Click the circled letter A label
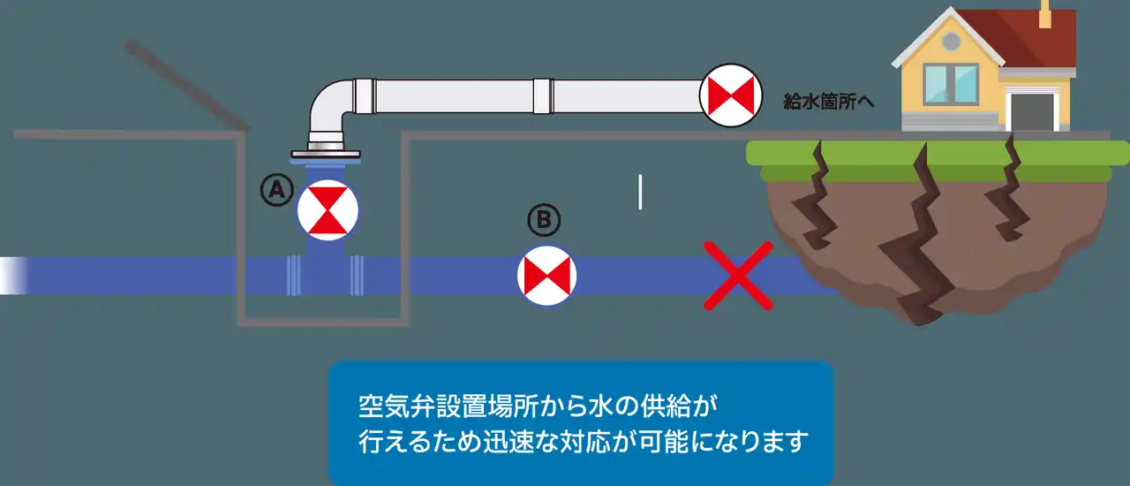click(277, 190)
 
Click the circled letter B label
click(544, 220)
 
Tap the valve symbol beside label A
click(328, 210)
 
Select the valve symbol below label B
click(546, 276)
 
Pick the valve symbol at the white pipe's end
click(730, 95)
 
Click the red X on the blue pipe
click(738, 276)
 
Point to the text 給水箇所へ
click(828, 102)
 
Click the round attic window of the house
click(951, 42)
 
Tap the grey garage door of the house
click(1032, 112)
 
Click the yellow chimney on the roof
click(1044, 14)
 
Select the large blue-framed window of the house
click(951, 84)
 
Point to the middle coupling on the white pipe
click(543, 96)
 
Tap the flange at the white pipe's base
click(326, 154)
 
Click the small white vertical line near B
click(640, 192)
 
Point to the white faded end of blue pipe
click(13, 276)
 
